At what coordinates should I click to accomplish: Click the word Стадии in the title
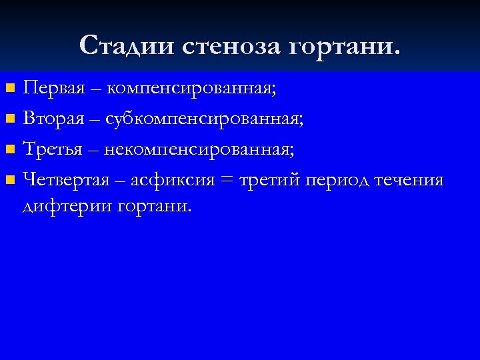125,45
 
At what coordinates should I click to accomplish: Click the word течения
409,181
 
